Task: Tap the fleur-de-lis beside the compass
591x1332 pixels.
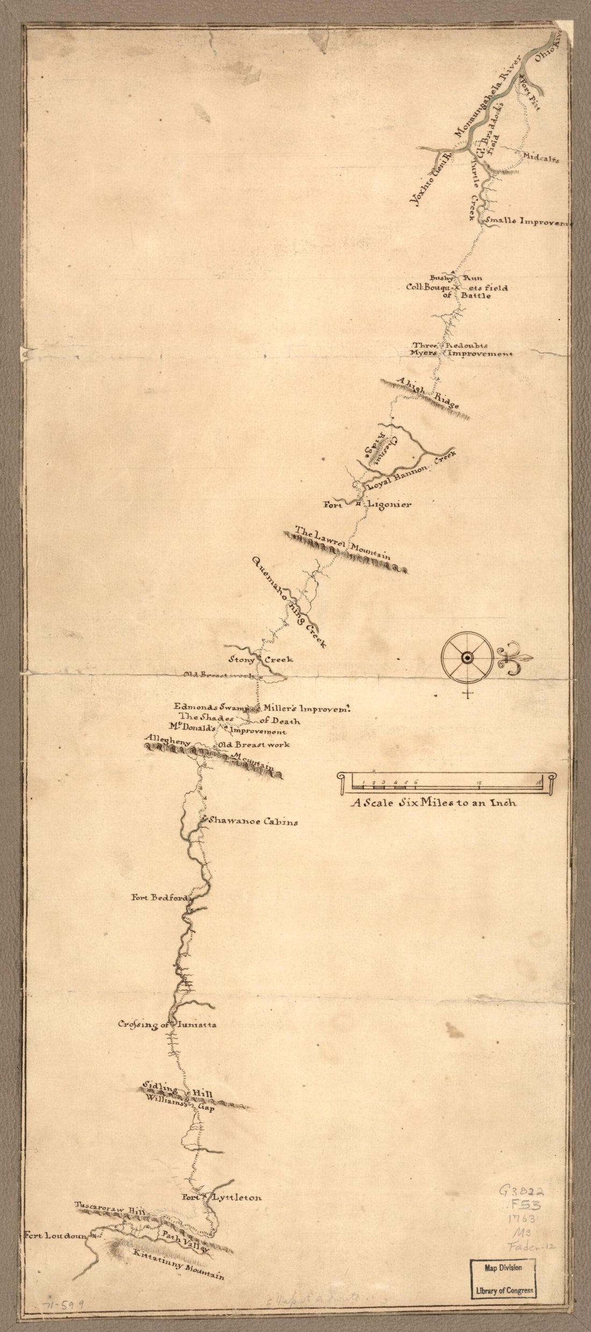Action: [514, 659]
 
